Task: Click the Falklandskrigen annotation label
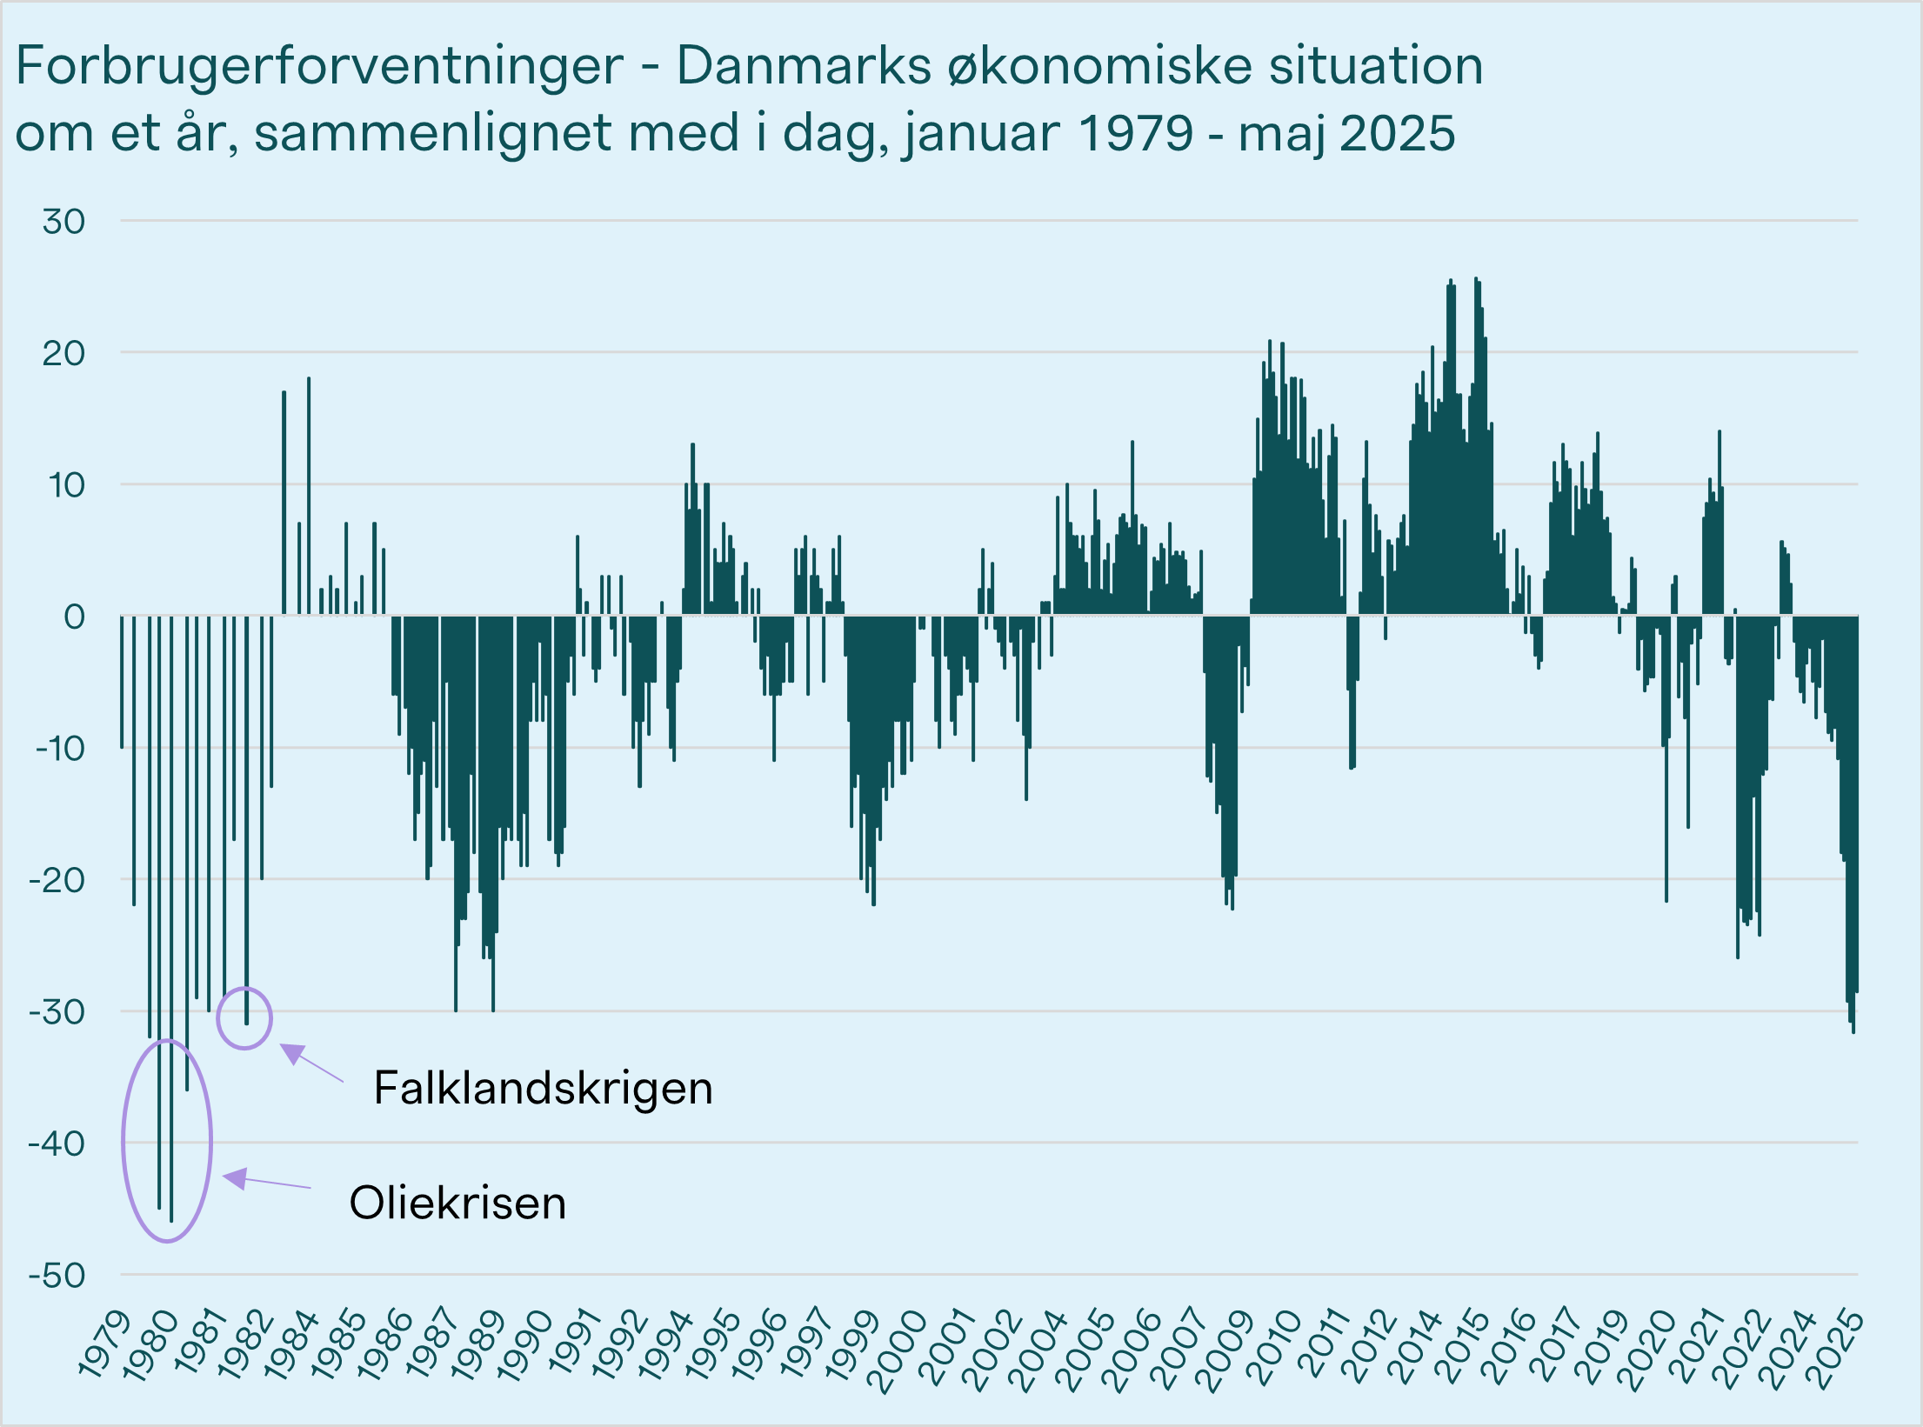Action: point(543,1088)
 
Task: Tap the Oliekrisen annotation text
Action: point(457,1204)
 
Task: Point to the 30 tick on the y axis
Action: point(64,222)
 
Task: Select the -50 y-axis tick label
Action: point(57,1276)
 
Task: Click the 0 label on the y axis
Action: point(75,617)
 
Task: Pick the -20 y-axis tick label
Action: point(57,881)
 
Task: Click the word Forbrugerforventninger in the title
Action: point(319,66)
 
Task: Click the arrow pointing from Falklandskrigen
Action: point(310,1063)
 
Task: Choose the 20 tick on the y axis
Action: point(64,354)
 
